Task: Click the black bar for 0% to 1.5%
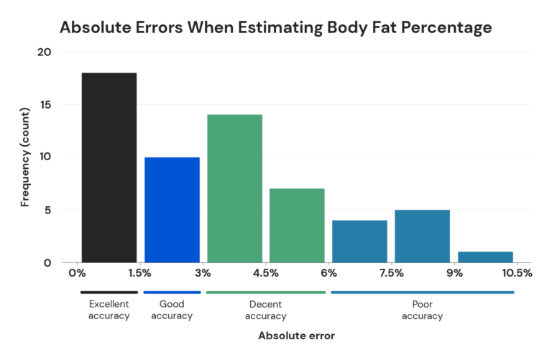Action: [x=109, y=167]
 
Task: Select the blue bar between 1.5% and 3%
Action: [x=172, y=210]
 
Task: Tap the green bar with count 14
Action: [x=234, y=188]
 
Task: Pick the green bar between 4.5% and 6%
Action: [x=297, y=226]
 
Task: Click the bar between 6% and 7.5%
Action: [x=359, y=241]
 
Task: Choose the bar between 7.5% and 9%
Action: [x=422, y=236]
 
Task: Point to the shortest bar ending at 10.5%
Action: [x=485, y=257]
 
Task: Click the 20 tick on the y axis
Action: [x=45, y=52]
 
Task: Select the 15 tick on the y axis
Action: [x=45, y=105]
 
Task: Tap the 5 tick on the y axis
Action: [x=47, y=211]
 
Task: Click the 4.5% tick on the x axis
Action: [x=266, y=273]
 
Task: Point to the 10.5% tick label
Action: [x=517, y=273]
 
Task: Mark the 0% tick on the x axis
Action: [x=77, y=273]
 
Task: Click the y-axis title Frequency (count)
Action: [x=25, y=157]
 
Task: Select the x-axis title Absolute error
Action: [x=296, y=336]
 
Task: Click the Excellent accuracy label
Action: [x=109, y=310]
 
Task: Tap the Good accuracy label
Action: [x=172, y=310]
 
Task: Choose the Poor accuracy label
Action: [x=422, y=310]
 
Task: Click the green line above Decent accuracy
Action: [x=265, y=292]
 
